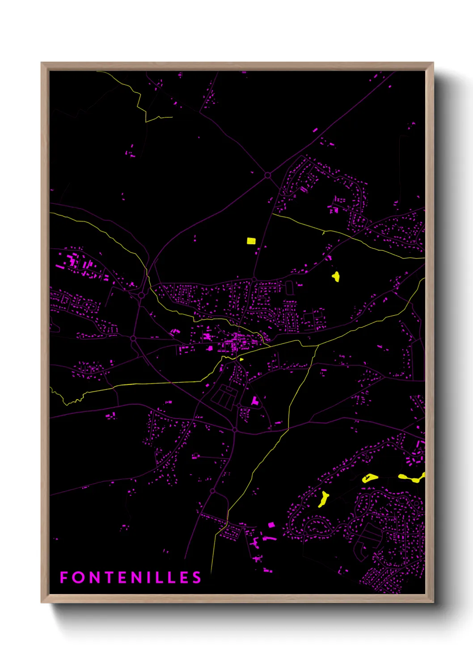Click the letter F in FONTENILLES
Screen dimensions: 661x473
(x=63, y=577)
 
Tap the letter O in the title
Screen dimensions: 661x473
(x=78, y=577)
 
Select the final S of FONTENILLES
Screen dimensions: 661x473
(x=197, y=577)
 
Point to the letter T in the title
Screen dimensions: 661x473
(x=110, y=577)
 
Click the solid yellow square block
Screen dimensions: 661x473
(x=251, y=241)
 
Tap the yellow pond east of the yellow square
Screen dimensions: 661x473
(x=336, y=276)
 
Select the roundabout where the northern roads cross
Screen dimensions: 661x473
(x=268, y=176)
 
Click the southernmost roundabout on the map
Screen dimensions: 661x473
(x=213, y=491)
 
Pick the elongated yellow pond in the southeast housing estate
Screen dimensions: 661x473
(x=322, y=499)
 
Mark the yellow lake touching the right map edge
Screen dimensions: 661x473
(x=412, y=478)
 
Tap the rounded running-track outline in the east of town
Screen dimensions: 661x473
(x=289, y=287)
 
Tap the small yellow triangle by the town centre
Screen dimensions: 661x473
(x=241, y=359)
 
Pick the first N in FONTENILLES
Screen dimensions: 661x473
(x=94, y=577)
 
